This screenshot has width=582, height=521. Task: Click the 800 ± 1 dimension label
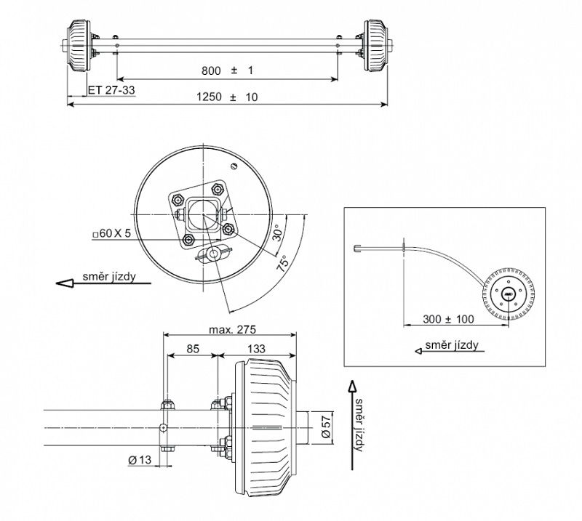coord(227,70)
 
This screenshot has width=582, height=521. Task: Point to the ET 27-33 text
coord(111,90)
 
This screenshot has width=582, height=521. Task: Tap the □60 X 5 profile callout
coord(112,233)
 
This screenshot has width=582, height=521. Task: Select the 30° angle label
coord(276,234)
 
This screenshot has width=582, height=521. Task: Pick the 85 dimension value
coord(193,349)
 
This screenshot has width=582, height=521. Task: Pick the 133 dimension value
coord(256,349)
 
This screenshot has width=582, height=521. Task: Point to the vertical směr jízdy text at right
coord(357,424)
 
